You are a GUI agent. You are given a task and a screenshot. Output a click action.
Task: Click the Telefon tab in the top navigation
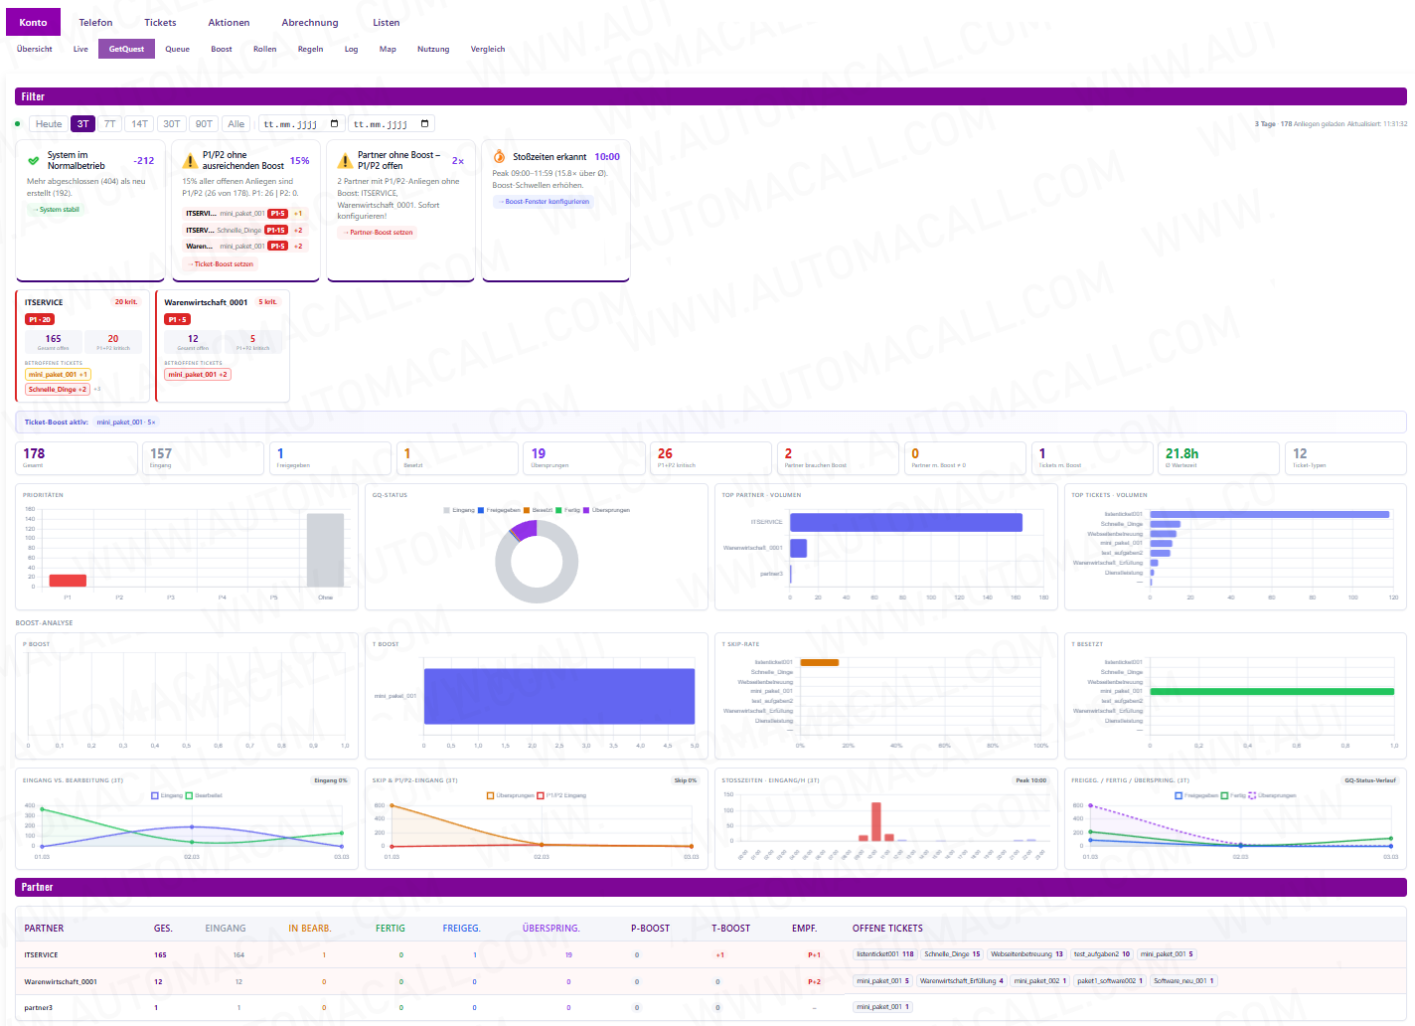[95, 22]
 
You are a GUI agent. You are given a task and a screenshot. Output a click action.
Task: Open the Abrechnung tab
[309, 22]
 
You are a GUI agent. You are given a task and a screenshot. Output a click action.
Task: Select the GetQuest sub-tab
[126, 49]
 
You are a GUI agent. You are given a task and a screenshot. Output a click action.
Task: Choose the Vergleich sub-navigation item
[487, 49]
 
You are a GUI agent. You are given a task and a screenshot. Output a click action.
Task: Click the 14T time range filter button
[139, 124]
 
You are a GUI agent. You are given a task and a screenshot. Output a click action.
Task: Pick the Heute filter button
[49, 124]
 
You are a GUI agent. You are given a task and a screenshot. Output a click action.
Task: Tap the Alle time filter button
[236, 124]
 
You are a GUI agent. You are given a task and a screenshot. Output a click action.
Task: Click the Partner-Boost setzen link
[379, 233]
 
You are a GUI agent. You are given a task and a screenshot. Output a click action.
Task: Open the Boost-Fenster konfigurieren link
[545, 202]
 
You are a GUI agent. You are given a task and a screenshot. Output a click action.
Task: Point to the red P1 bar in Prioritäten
[68, 581]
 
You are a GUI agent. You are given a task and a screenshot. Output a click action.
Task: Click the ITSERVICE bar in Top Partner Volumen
[905, 522]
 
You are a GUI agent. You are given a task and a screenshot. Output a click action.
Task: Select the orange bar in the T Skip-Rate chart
[819, 662]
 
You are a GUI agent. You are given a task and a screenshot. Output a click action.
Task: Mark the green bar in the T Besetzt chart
[1269, 691]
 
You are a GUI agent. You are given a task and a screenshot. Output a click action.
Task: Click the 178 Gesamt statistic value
[34, 453]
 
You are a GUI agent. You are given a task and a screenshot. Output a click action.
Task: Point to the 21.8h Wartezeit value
[1181, 453]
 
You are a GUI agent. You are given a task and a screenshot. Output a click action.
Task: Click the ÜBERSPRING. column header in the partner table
[550, 929]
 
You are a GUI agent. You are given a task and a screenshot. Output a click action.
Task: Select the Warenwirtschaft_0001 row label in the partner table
[61, 981]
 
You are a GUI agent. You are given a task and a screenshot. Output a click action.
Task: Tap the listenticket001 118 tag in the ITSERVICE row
[884, 954]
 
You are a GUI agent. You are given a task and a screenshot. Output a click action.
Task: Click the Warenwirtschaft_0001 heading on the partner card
[206, 302]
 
